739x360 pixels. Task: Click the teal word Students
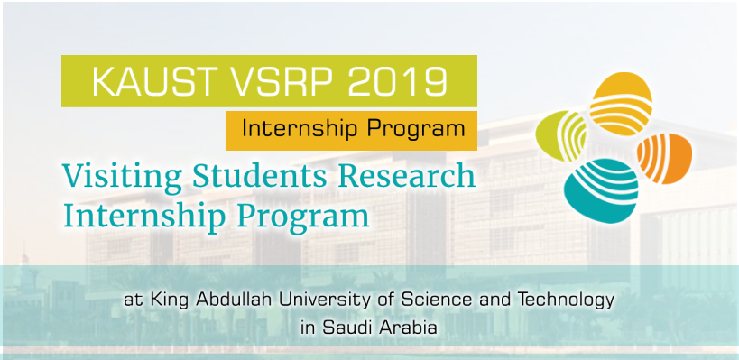pos(260,176)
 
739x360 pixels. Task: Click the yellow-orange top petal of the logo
pos(621,103)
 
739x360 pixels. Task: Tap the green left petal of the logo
pos(562,135)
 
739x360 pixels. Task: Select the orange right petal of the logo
pos(664,158)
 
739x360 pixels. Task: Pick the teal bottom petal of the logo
pos(601,190)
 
